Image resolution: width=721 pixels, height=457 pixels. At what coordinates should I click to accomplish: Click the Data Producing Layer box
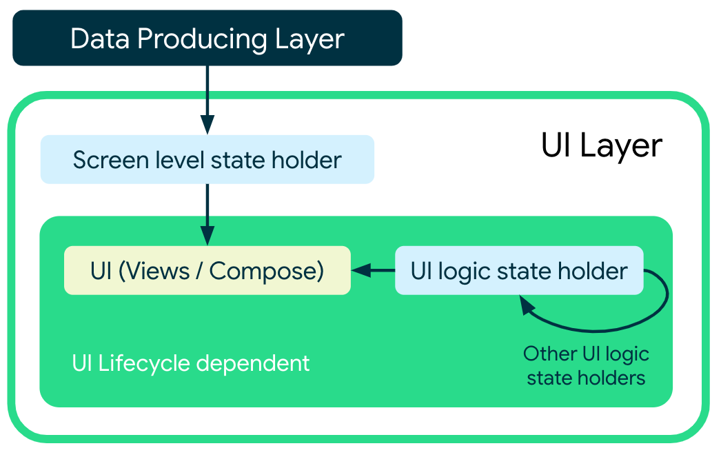pos(207,38)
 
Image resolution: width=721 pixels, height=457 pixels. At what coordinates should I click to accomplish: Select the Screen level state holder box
pos(207,160)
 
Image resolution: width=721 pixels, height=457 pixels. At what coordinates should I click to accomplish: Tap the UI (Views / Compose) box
pos(207,271)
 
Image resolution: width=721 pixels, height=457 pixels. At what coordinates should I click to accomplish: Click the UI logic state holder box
pos(518,271)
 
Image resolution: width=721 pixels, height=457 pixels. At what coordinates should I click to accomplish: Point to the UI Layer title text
pos(601,146)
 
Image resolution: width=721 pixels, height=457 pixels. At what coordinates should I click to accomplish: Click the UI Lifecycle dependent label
pos(191,363)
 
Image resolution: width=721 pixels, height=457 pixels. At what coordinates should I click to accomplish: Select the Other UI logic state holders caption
pos(586,366)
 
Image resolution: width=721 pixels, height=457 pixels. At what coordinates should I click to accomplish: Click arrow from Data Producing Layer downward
pos(207,97)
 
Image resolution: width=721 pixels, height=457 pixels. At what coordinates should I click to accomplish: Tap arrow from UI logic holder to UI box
pos(373,271)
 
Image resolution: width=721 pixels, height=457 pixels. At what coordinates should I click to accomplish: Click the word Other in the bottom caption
pos(550,354)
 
